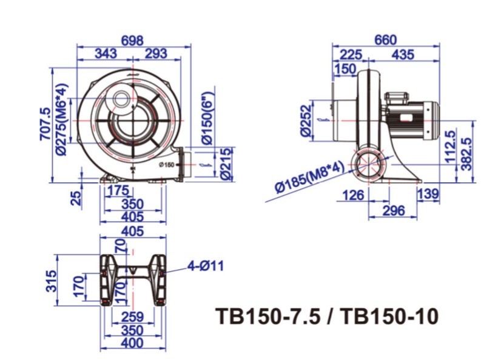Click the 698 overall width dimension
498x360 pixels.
132,41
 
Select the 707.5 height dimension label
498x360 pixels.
45,124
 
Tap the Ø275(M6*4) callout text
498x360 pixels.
62,119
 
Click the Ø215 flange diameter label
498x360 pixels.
227,164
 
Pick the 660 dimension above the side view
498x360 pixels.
386,40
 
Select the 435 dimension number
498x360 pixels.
403,55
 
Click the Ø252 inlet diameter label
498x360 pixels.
306,121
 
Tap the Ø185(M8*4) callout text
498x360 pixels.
309,177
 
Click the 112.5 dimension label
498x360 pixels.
450,147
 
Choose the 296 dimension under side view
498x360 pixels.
394,210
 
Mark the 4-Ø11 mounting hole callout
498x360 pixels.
206,265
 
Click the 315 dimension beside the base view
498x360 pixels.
51,281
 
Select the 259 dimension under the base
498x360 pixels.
132,317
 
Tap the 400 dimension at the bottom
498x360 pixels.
132,343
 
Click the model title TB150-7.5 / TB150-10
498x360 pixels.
327,316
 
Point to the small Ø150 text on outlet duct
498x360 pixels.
167,164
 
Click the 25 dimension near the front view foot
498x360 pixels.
76,198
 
